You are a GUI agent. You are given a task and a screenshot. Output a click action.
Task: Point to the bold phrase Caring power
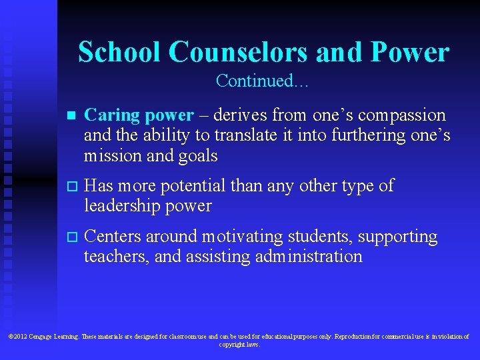pos(139,115)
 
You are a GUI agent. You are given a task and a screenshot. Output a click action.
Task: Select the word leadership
pos(122,205)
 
